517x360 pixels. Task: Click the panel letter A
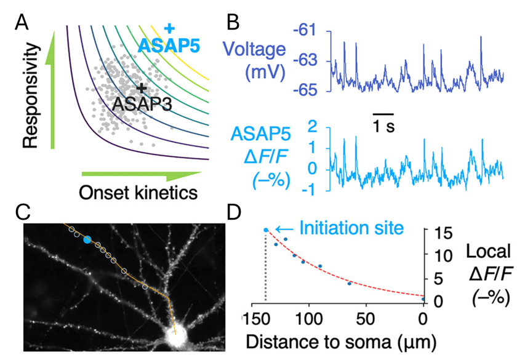click(x=22, y=23)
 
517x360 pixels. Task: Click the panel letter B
click(x=234, y=23)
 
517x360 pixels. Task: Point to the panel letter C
click(x=22, y=212)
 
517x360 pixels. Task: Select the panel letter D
click(x=234, y=212)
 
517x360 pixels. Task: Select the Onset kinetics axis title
click(x=138, y=192)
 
